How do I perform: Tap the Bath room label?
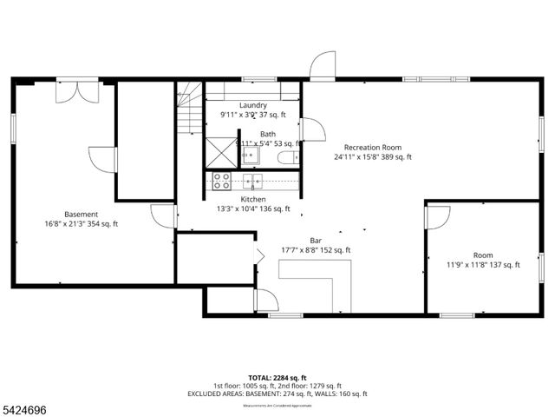pyautogui.click(x=268, y=134)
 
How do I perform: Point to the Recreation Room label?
pyautogui.click(x=372, y=147)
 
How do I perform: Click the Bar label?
pyautogui.click(x=316, y=240)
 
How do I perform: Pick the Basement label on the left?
pyautogui.click(x=81, y=214)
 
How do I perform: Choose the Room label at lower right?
pyautogui.click(x=483, y=255)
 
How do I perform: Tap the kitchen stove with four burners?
pyautogui.click(x=222, y=181)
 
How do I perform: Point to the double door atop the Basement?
pyautogui.click(x=77, y=90)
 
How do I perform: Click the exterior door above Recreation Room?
pyautogui.click(x=322, y=66)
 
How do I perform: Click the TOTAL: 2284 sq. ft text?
pyautogui.click(x=277, y=378)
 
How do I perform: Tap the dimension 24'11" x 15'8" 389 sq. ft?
pyautogui.click(x=372, y=157)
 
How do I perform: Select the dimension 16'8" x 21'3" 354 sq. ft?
pyautogui.click(x=81, y=224)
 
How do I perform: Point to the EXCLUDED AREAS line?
pyautogui.click(x=277, y=394)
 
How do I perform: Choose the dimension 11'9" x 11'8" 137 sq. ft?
pyautogui.click(x=483, y=265)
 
